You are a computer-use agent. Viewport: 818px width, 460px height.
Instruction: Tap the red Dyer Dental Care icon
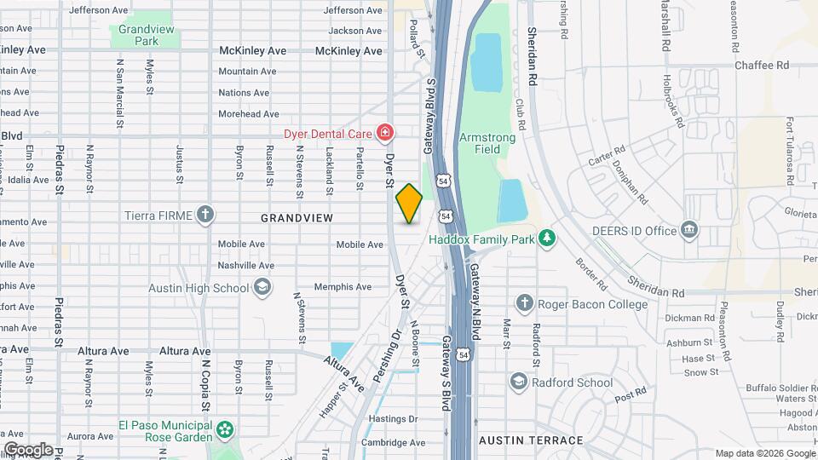(385, 132)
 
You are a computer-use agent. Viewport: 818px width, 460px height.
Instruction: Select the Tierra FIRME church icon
(204, 215)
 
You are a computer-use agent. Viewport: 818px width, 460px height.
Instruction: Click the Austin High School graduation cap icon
(262, 287)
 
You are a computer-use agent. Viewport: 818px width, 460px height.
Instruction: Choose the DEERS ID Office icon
(689, 230)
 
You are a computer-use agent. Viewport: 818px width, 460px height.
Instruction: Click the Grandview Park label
(139, 35)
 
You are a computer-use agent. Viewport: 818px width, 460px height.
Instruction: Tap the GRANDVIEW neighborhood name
(297, 219)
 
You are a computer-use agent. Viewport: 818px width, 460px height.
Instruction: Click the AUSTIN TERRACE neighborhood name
(531, 440)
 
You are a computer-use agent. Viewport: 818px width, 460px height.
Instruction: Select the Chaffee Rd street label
(763, 65)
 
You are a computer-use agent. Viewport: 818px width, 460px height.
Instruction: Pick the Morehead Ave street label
(248, 114)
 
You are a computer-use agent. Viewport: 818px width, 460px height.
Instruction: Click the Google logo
(28, 449)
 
